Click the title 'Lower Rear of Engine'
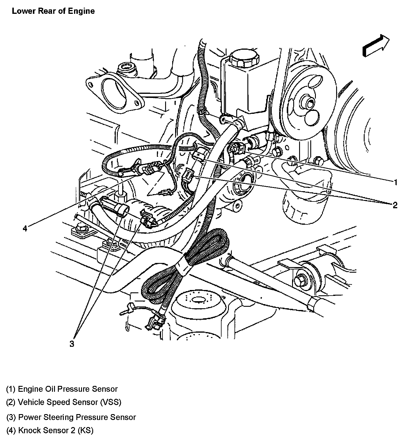(53, 11)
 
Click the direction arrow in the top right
(376, 45)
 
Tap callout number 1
(395, 182)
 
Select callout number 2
(395, 205)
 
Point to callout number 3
(72, 344)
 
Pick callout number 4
(25, 228)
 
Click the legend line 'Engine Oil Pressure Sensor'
(62, 389)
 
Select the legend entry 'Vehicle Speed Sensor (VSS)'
(64, 402)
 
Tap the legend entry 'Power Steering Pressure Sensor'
(71, 417)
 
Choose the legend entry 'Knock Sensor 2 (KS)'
(50, 430)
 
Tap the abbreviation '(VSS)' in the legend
(110, 402)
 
